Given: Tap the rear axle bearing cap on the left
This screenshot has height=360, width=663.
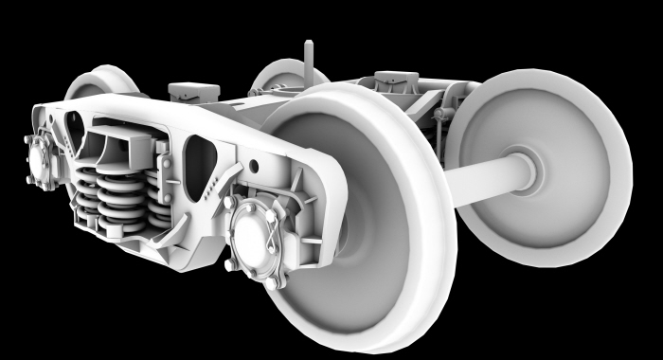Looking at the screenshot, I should (40, 158).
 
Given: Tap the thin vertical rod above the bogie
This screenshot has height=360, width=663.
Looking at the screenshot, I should (306, 63).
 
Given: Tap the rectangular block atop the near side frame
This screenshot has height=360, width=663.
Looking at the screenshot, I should (193, 93).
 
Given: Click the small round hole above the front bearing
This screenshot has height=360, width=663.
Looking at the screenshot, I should (253, 166).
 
